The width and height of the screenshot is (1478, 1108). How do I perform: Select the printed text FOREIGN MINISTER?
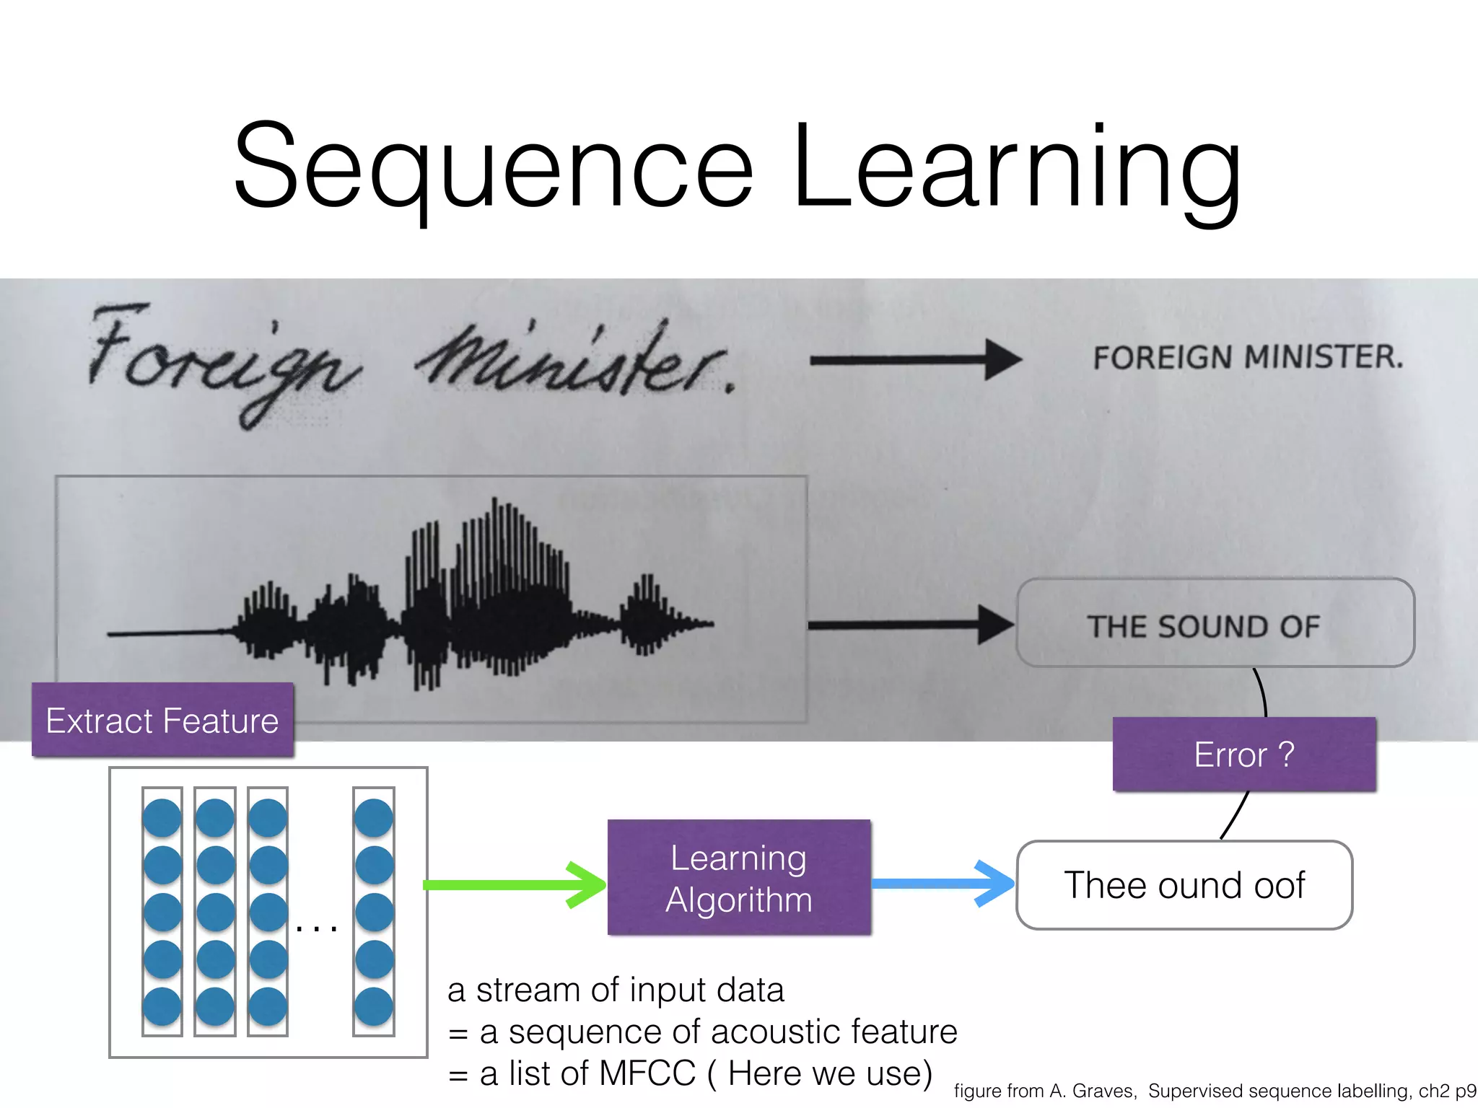tap(1248, 357)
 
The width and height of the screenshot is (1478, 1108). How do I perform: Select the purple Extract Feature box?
tap(162, 720)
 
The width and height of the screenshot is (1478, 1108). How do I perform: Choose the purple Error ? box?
tap(1244, 755)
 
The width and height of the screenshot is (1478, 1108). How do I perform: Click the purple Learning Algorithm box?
tap(739, 878)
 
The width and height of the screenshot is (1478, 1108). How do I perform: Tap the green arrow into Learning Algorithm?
tap(514, 884)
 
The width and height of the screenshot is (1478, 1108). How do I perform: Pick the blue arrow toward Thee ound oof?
tap(943, 883)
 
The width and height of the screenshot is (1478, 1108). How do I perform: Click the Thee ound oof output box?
tap(1184, 885)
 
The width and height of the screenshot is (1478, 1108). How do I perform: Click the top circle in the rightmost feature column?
tap(374, 817)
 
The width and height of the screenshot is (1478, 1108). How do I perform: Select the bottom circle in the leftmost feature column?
tap(162, 1006)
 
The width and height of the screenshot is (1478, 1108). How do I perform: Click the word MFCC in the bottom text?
tap(647, 1073)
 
